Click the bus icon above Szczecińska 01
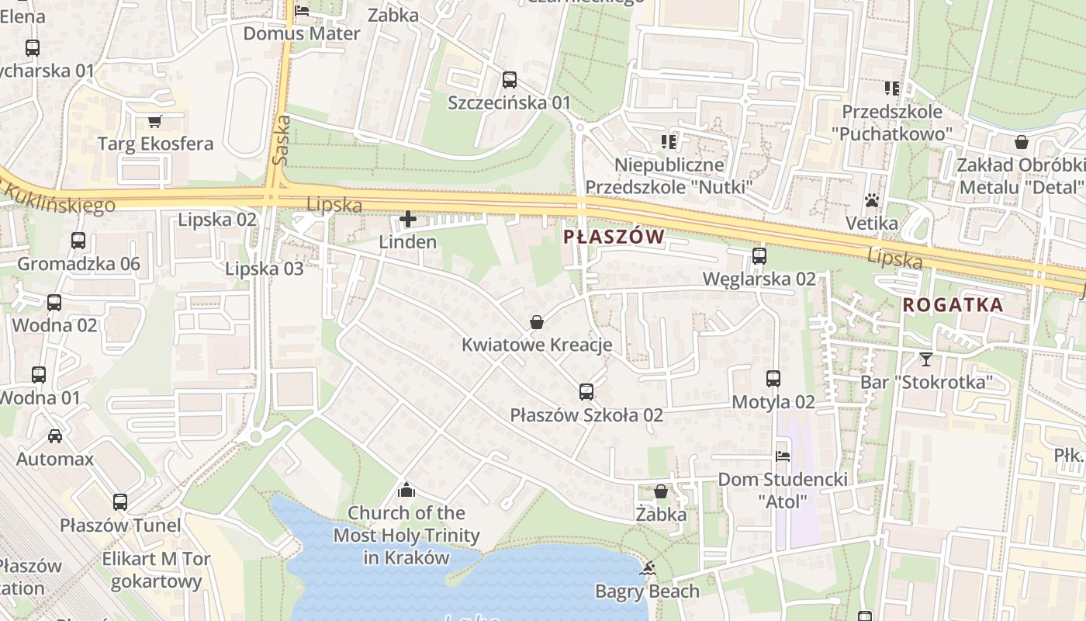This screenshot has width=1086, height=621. click(x=509, y=79)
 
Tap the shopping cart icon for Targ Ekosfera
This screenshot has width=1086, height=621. click(x=154, y=121)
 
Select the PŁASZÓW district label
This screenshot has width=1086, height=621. click(x=614, y=237)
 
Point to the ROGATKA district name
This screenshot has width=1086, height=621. click(x=953, y=305)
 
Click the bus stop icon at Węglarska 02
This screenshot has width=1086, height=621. click(x=759, y=255)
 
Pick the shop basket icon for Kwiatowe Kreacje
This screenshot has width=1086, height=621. click(x=536, y=322)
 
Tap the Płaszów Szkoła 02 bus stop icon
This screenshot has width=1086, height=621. click(x=586, y=392)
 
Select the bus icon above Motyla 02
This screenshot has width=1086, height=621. click(x=773, y=379)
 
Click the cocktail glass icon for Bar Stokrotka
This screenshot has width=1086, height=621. click(x=925, y=359)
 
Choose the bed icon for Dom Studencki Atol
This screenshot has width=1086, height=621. click(x=782, y=456)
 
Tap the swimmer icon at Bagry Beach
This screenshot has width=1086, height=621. click(x=646, y=568)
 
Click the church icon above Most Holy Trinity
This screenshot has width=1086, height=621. click(x=406, y=490)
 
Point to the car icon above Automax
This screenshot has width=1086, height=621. click(x=54, y=435)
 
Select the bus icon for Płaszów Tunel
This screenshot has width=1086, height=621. click(x=119, y=502)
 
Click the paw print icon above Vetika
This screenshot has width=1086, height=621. click(x=872, y=200)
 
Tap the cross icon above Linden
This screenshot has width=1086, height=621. click(x=407, y=219)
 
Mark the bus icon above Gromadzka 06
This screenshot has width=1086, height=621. click(x=78, y=241)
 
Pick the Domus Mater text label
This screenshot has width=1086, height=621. click(x=302, y=33)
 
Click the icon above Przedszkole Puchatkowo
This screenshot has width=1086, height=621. click(x=891, y=88)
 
